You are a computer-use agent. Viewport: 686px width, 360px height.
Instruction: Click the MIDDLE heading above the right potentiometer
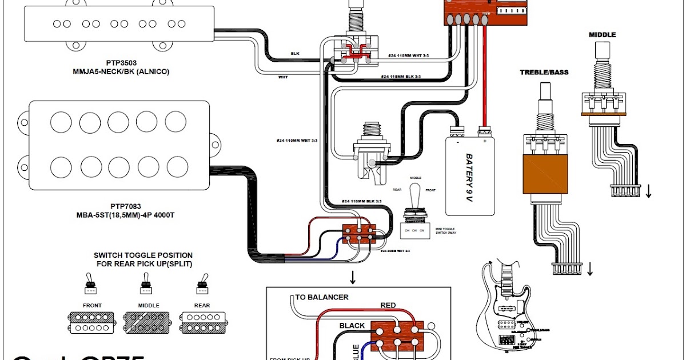(603, 35)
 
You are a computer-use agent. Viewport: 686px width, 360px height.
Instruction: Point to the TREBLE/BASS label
(544, 73)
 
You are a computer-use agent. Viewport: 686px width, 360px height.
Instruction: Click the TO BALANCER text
(322, 297)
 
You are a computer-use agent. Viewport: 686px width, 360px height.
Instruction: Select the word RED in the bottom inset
(388, 306)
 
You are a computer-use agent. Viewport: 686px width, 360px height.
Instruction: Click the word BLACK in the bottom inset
(352, 326)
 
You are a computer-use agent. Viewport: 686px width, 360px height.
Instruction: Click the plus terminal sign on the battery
(484, 141)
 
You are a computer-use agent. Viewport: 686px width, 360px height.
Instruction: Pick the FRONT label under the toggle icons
(92, 306)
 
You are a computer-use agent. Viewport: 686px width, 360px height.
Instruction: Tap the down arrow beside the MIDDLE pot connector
(648, 191)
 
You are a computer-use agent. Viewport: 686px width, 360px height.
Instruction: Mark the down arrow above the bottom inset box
(353, 278)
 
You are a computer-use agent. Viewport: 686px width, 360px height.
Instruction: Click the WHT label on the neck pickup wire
(283, 77)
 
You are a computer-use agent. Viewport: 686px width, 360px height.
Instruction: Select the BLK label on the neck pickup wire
(295, 53)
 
